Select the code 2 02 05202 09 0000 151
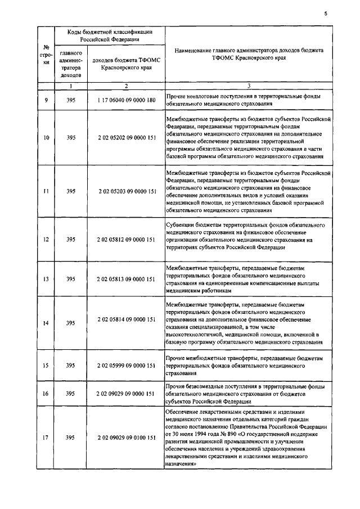pos(126,137)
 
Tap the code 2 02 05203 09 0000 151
pos(126,191)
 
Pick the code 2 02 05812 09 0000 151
pos(126,239)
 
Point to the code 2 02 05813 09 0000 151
pos(126,279)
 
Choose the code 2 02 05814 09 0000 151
pos(126,319)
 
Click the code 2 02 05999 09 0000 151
pos(126,365)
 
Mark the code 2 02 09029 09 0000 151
pos(126,394)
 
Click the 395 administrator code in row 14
pos(71,323)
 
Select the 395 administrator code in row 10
pos(71,137)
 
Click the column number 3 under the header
pos(249,86)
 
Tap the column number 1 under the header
pos(71,86)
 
